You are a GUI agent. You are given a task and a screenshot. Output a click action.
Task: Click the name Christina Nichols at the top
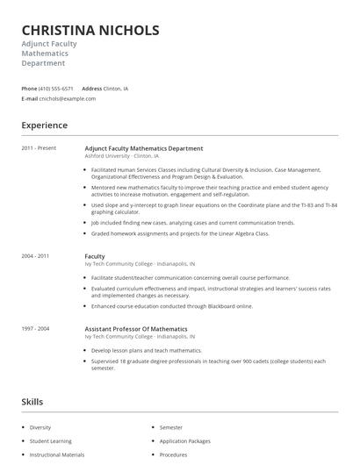(90, 30)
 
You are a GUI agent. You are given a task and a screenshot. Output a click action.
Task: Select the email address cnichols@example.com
(68, 99)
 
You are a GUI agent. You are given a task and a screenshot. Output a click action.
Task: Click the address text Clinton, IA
(116, 89)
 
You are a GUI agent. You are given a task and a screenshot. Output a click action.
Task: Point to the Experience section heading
(45, 125)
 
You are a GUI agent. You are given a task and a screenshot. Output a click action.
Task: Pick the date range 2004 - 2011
(35, 255)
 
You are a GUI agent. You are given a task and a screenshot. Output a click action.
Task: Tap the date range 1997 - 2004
(35, 328)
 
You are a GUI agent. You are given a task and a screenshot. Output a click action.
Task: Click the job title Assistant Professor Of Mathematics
(135, 328)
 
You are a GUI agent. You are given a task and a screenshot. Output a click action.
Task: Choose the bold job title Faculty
(95, 255)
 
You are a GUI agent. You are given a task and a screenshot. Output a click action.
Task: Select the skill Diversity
(40, 427)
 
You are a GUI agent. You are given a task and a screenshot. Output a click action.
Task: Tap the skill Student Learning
(50, 441)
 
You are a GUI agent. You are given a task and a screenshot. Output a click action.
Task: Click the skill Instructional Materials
(57, 455)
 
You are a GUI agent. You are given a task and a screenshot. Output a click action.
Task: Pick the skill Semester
(171, 427)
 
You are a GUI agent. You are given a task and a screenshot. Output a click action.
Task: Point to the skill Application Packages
(185, 441)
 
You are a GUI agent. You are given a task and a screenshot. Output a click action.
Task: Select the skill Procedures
(174, 455)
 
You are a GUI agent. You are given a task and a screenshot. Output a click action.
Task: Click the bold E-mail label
(30, 99)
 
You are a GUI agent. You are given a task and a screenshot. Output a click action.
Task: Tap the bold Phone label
(29, 89)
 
